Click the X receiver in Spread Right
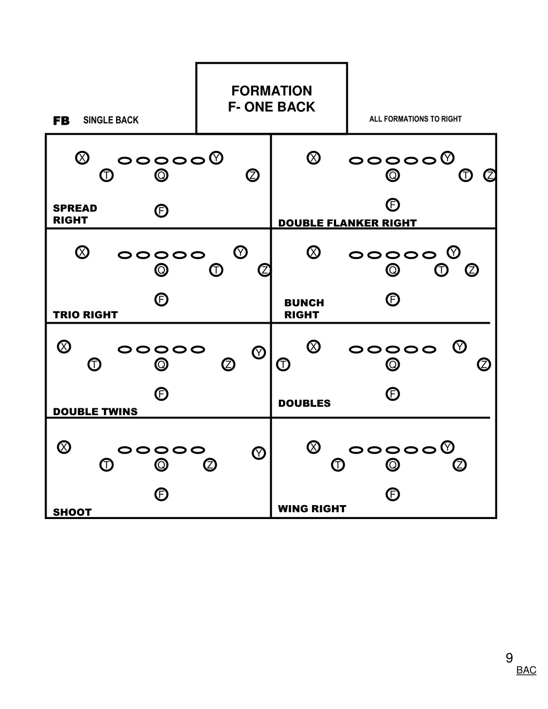(82, 158)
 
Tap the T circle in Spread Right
(106, 176)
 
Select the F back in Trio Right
(161, 300)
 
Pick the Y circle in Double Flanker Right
(447, 158)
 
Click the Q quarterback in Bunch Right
(392, 270)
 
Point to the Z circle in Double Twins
(228, 364)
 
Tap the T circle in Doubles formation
(283, 364)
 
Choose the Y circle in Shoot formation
(258, 453)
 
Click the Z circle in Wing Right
(459, 465)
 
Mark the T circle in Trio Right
(216, 270)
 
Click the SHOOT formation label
(72, 512)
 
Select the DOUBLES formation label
(305, 403)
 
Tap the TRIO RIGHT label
(85, 315)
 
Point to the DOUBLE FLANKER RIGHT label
(347, 223)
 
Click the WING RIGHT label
(312, 509)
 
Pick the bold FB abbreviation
(62, 121)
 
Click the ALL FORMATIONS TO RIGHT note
(415, 119)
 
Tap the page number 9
(509, 658)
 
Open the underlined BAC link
(526, 670)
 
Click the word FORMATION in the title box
(272, 91)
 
